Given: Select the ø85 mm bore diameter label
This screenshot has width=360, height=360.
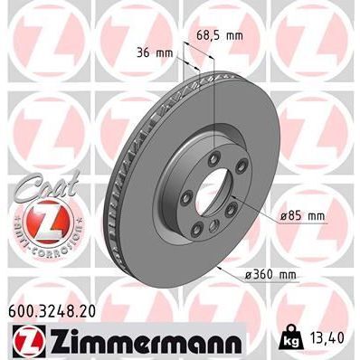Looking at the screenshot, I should [302, 216].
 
